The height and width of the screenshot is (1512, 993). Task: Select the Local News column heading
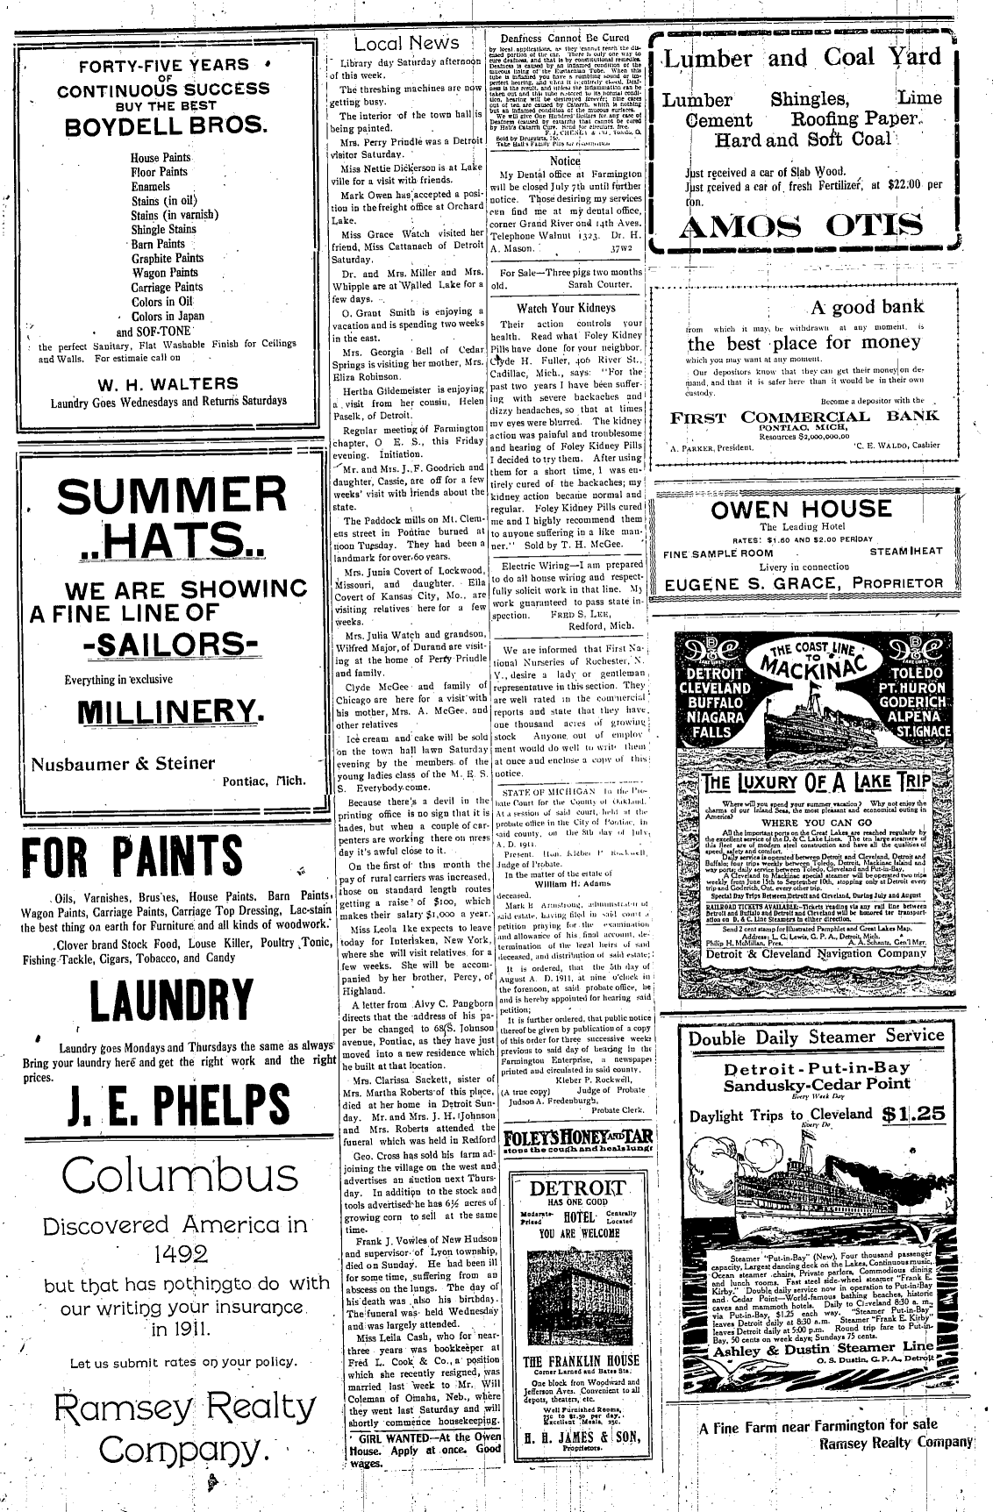pyautogui.click(x=406, y=43)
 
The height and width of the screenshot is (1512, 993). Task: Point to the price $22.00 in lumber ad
pyautogui.click(x=907, y=184)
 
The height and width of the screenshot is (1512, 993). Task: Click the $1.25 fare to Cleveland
pyautogui.click(x=914, y=1114)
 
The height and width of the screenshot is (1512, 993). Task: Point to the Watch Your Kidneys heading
pyautogui.click(x=566, y=309)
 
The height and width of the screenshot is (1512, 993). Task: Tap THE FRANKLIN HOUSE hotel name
pyautogui.click(x=581, y=1361)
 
